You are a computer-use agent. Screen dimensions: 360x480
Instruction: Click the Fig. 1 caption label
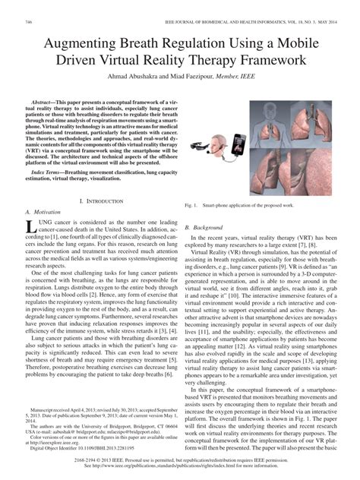(191, 206)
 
